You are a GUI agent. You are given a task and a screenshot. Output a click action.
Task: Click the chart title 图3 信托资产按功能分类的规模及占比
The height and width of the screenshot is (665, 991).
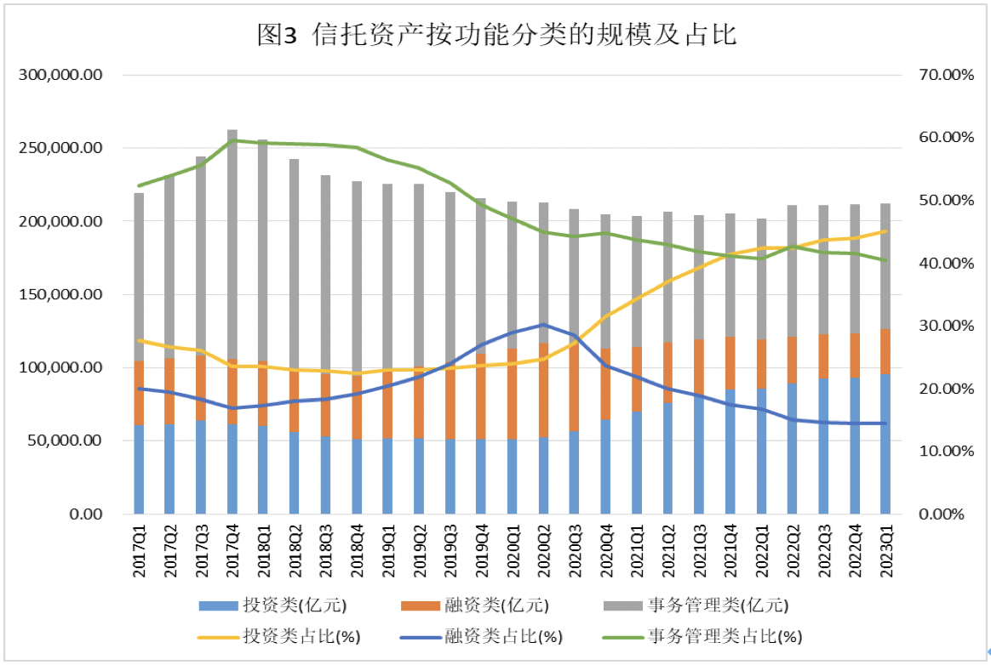pos(496,35)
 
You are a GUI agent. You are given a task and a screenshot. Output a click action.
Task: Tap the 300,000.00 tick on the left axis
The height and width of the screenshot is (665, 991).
pos(60,75)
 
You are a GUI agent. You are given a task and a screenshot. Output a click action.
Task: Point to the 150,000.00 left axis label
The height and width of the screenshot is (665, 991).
pos(60,295)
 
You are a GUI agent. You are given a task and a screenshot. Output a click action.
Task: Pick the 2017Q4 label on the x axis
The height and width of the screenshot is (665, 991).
pos(232,553)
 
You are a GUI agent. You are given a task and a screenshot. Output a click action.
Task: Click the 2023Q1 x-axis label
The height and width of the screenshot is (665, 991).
pos(885,553)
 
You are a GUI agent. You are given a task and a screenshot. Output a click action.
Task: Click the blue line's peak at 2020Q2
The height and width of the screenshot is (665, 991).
pos(543,324)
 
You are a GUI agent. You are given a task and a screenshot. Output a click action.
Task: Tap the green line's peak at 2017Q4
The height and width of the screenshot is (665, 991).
pos(232,139)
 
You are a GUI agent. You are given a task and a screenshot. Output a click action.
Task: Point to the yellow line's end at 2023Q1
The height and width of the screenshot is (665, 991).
pos(885,230)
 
